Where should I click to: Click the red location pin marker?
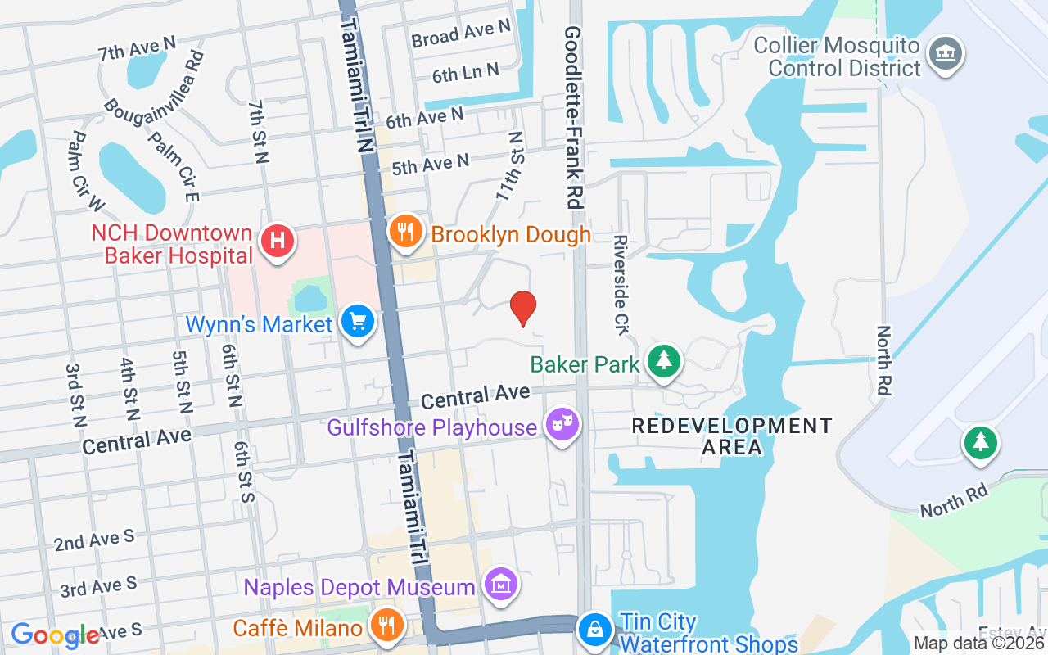click(523, 308)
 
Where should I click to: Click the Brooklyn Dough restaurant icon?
click(404, 232)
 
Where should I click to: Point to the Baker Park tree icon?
click(664, 361)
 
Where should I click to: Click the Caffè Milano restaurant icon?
click(384, 625)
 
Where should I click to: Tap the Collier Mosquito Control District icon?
click(946, 54)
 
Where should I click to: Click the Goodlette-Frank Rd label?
click(572, 115)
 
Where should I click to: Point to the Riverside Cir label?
click(621, 285)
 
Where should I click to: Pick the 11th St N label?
click(510, 167)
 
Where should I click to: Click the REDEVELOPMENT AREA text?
click(732, 436)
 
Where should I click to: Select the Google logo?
click(56, 635)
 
